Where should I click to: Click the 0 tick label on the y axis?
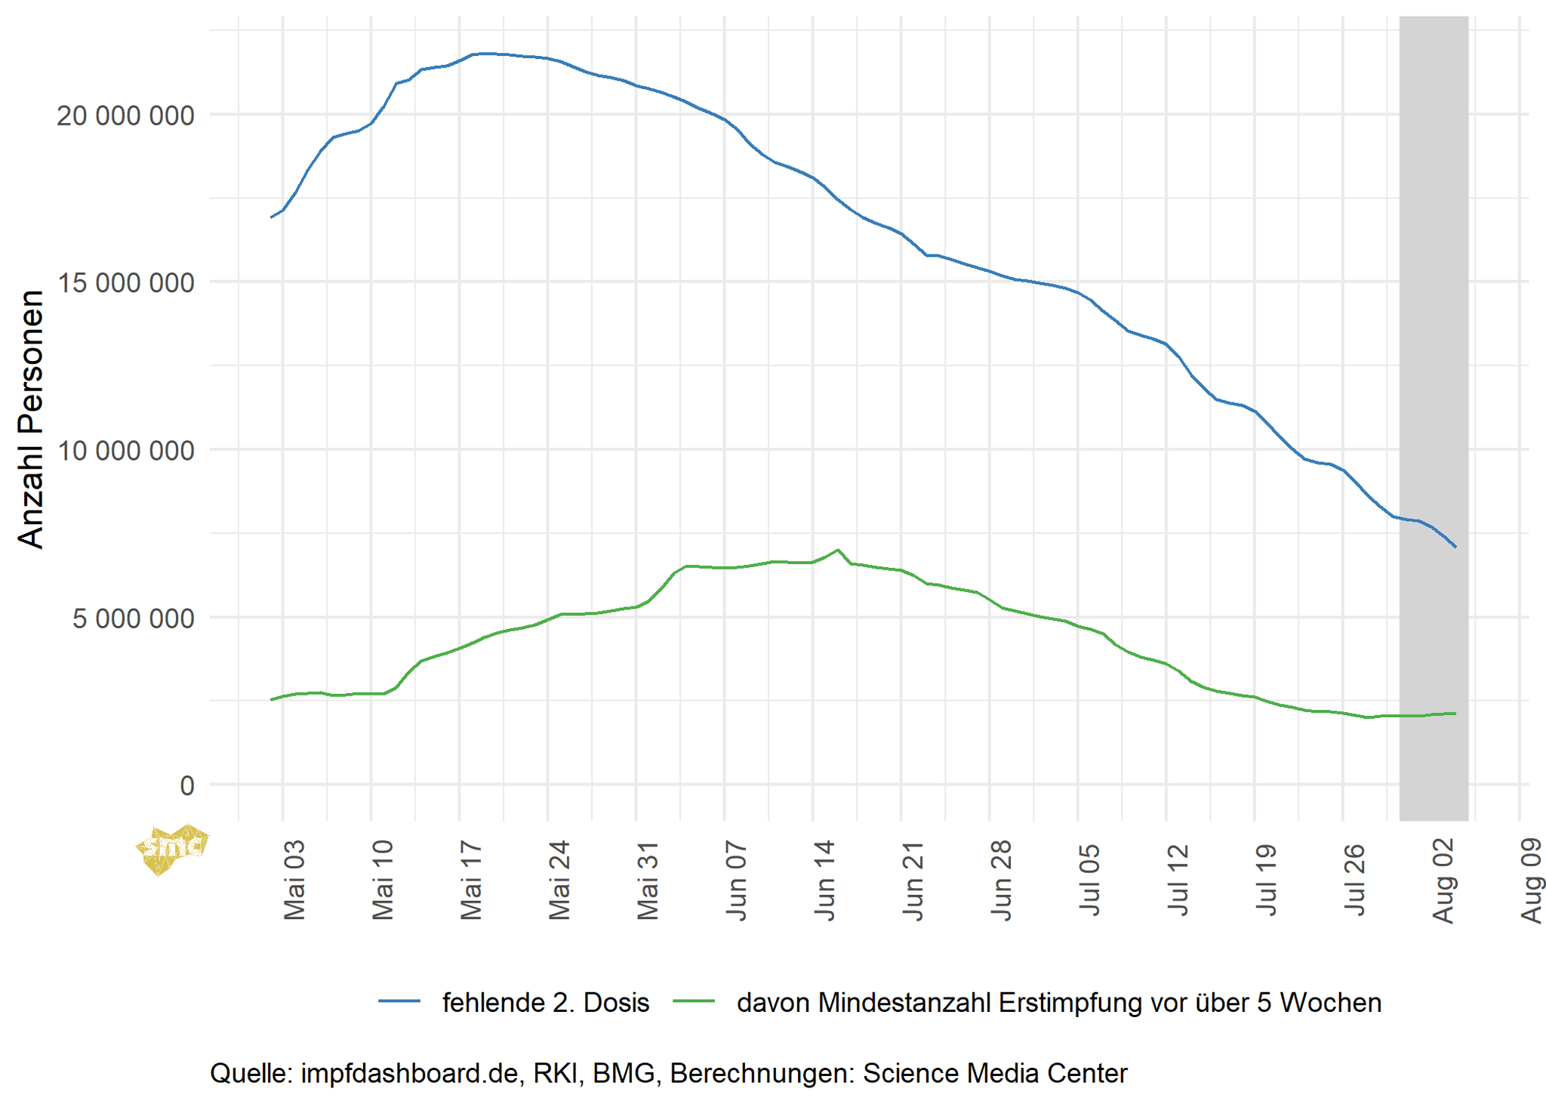tap(187, 786)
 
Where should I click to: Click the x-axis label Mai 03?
tap(294, 880)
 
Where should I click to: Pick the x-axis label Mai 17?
tap(471, 880)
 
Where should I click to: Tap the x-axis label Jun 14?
tap(825, 880)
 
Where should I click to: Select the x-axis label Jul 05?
tap(1090, 880)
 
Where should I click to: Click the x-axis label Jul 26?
tap(1355, 880)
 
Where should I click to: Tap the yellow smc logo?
tap(171, 849)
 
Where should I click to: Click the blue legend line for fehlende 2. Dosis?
tap(399, 1001)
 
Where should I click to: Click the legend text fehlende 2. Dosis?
tap(545, 1003)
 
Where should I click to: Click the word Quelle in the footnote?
tap(251, 1073)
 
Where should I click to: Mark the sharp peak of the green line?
tap(838, 550)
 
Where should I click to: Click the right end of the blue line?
tap(1455, 547)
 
